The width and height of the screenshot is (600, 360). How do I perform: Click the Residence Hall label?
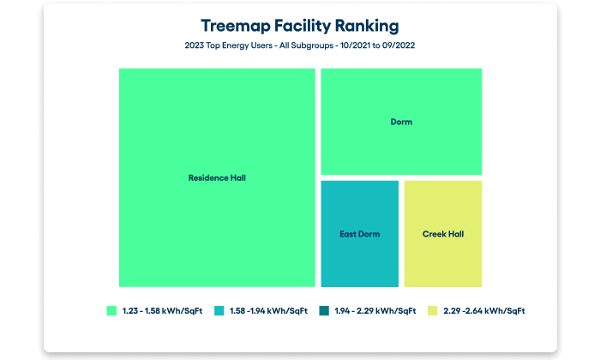pyautogui.click(x=217, y=178)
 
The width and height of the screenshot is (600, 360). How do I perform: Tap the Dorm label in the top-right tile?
pyautogui.click(x=401, y=122)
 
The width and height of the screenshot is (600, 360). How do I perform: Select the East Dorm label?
pyautogui.click(x=360, y=234)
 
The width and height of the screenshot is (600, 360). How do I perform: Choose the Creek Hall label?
pyautogui.click(x=443, y=234)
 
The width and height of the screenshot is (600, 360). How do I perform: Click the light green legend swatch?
pyautogui.click(x=111, y=310)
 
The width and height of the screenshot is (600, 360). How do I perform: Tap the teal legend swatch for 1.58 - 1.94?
pyautogui.click(x=219, y=310)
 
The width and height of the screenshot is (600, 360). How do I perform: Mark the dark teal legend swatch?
pyautogui.click(x=323, y=310)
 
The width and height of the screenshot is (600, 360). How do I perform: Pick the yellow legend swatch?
pyautogui.click(x=432, y=310)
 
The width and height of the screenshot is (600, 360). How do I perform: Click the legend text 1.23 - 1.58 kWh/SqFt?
pyautogui.click(x=159, y=310)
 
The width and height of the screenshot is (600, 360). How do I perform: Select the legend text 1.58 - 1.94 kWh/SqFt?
pyautogui.click(x=267, y=310)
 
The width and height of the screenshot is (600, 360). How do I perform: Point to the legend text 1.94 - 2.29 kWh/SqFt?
pyautogui.click(x=375, y=310)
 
